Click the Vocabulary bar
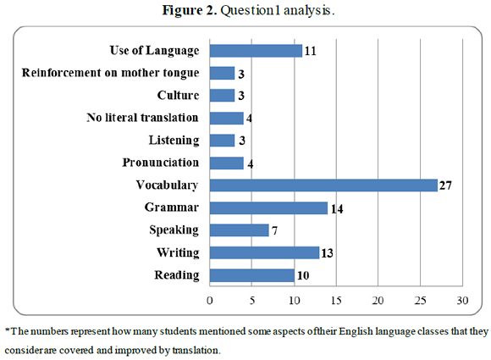(x=323, y=186)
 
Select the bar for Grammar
(x=268, y=208)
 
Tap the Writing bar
(x=264, y=252)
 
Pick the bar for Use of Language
(x=256, y=51)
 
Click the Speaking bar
(x=239, y=230)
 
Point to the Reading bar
(x=251, y=275)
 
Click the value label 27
(x=446, y=186)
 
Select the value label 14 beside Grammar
(x=337, y=208)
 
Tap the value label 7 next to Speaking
(x=275, y=230)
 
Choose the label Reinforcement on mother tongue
(x=109, y=73)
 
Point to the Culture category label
(x=179, y=95)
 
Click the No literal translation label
(x=143, y=118)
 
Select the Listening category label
(x=174, y=140)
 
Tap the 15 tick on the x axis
(x=336, y=301)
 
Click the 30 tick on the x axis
(x=462, y=301)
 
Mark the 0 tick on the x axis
(x=210, y=301)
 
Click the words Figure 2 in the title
(x=188, y=9)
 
